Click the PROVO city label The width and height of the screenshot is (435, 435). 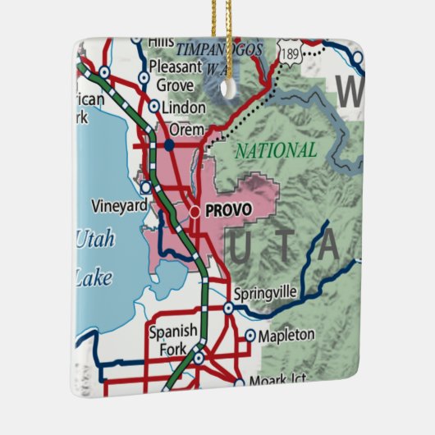[x=228, y=211]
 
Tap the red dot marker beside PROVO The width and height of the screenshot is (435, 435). [x=195, y=212]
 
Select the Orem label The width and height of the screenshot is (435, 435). [x=185, y=129]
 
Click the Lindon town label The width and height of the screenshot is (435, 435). [x=184, y=108]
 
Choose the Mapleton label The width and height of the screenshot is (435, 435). [x=286, y=335]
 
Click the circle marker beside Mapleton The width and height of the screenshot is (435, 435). [x=250, y=335]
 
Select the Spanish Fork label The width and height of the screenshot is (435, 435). [x=172, y=339]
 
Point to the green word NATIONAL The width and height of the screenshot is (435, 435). [x=276, y=151]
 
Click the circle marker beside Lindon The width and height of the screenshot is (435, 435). [x=154, y=106]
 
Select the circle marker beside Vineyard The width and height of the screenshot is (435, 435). [x=145, y=187]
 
